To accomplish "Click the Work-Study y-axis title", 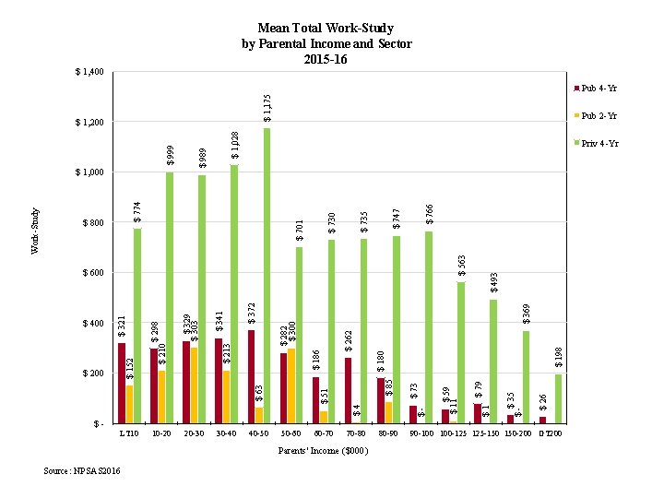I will point(35,231).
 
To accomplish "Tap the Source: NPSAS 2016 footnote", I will point(82,471).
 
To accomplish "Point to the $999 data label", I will point(170,155).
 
